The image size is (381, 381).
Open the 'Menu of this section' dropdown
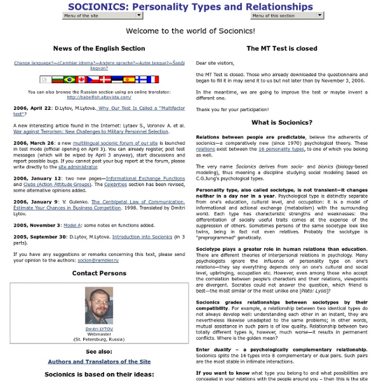click(283, 16)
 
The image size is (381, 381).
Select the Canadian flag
click(83, 79)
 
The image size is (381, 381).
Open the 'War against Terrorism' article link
click(91, 131)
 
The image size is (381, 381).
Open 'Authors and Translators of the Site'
click(98, 362)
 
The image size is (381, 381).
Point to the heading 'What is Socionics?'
click(281, 122)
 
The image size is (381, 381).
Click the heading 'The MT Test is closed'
click(281, 48)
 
